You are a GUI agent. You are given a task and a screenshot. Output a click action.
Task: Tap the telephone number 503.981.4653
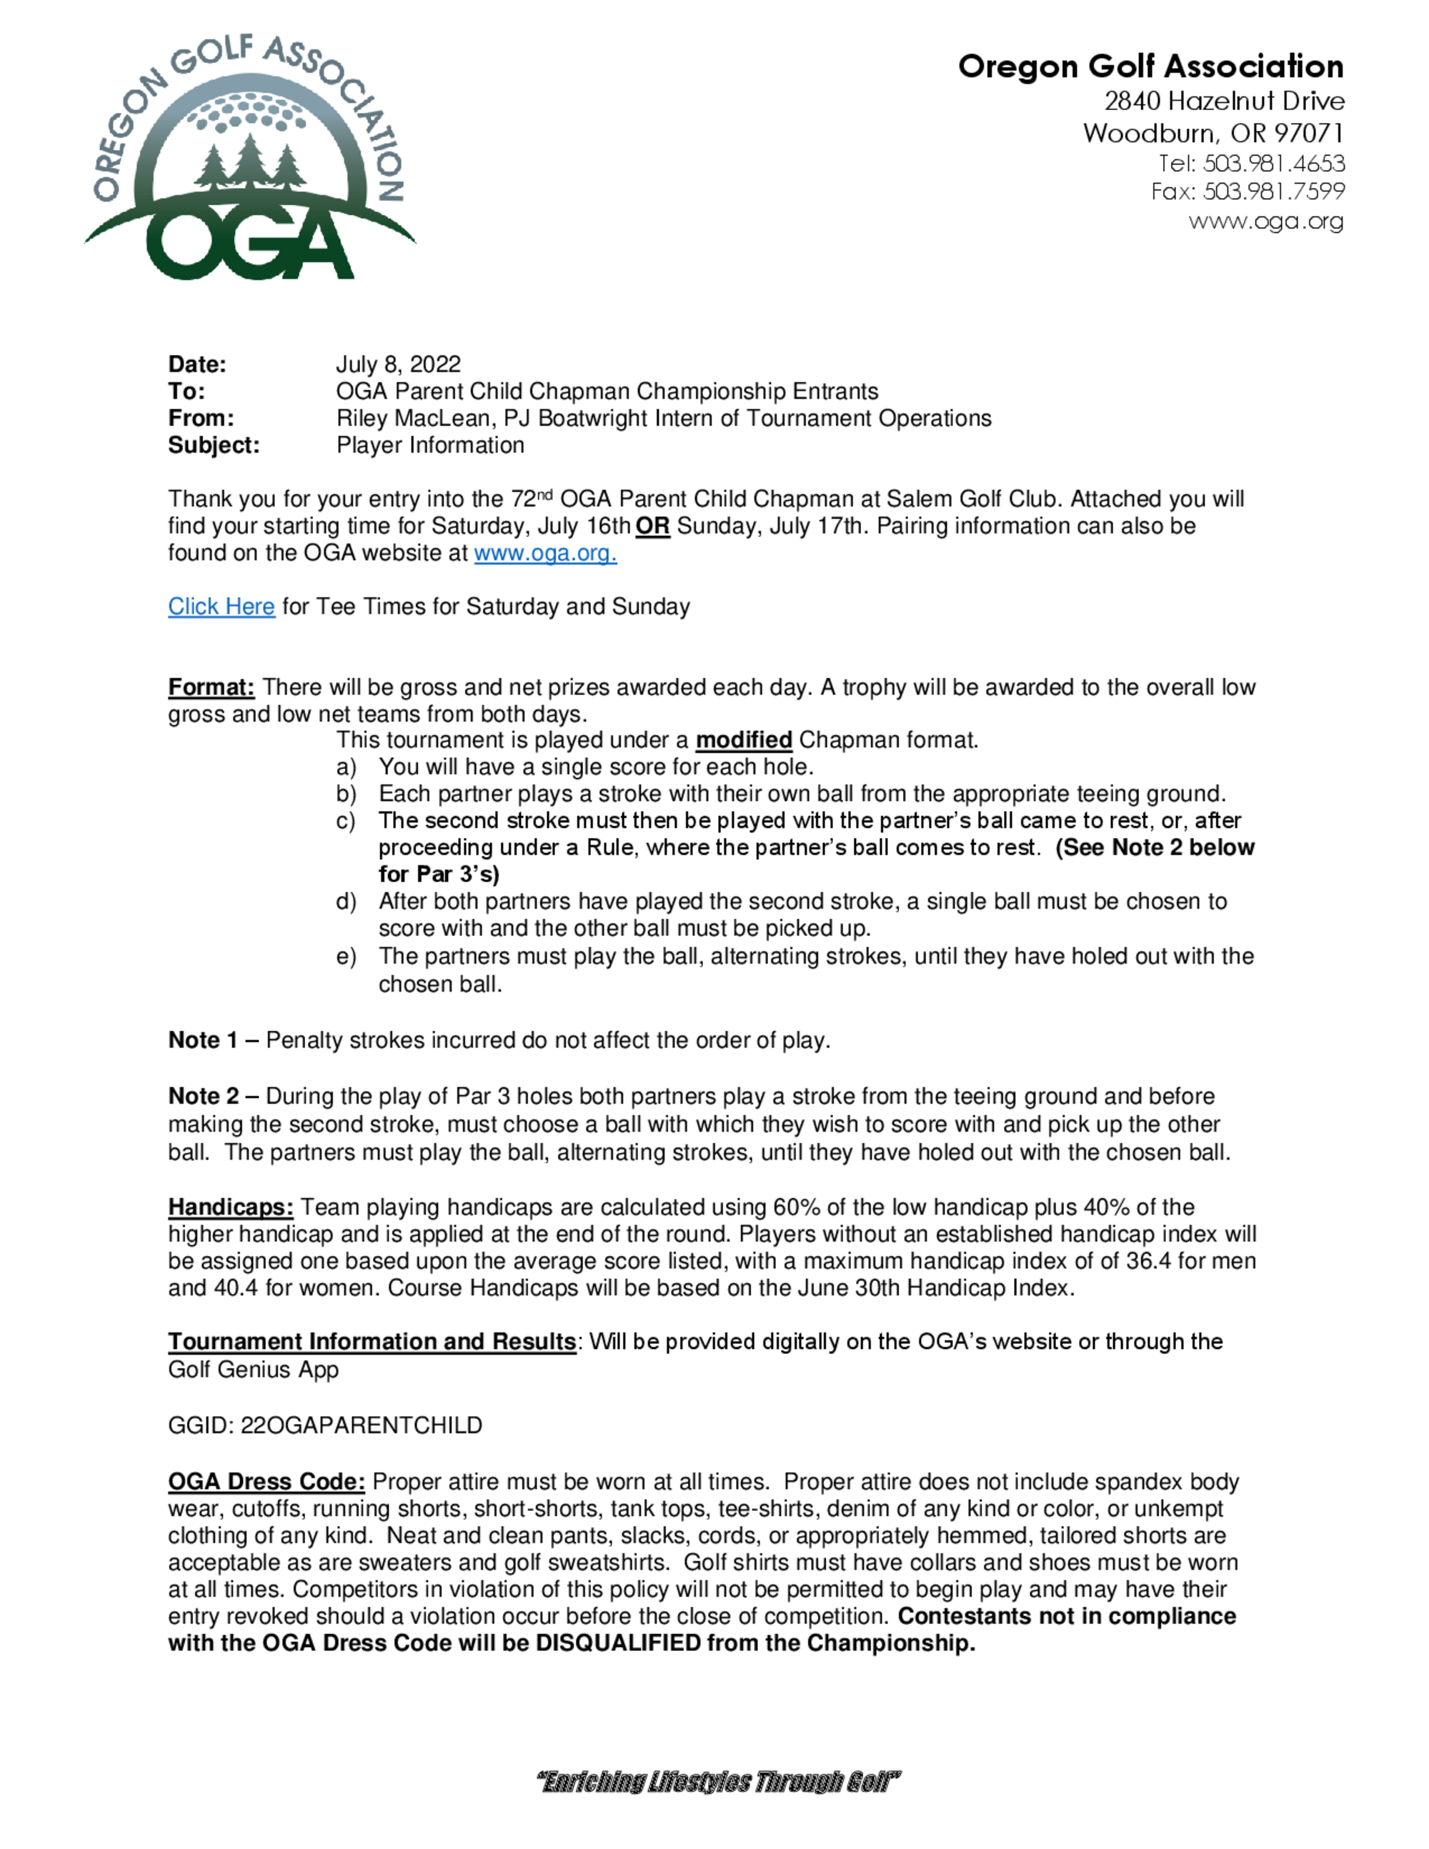1274,163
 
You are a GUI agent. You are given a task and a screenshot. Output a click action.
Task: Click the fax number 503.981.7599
1274,191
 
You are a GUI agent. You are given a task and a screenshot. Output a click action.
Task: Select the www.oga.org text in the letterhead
1265,221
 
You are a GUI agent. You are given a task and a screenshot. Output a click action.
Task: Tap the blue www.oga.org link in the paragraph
545,553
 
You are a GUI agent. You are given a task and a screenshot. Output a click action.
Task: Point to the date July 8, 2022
398,364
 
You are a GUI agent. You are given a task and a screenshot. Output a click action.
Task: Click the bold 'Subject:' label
214,445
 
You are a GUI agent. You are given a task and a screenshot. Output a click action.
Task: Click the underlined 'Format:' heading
211,687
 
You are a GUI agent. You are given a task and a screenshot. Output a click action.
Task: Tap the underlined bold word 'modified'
743,740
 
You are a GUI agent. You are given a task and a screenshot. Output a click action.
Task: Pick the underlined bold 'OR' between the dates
653,526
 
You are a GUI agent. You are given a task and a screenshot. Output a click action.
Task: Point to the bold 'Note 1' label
203,1040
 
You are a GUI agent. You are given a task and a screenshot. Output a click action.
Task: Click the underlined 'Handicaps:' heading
230,1207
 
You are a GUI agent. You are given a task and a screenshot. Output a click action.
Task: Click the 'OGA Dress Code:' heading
266,1482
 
